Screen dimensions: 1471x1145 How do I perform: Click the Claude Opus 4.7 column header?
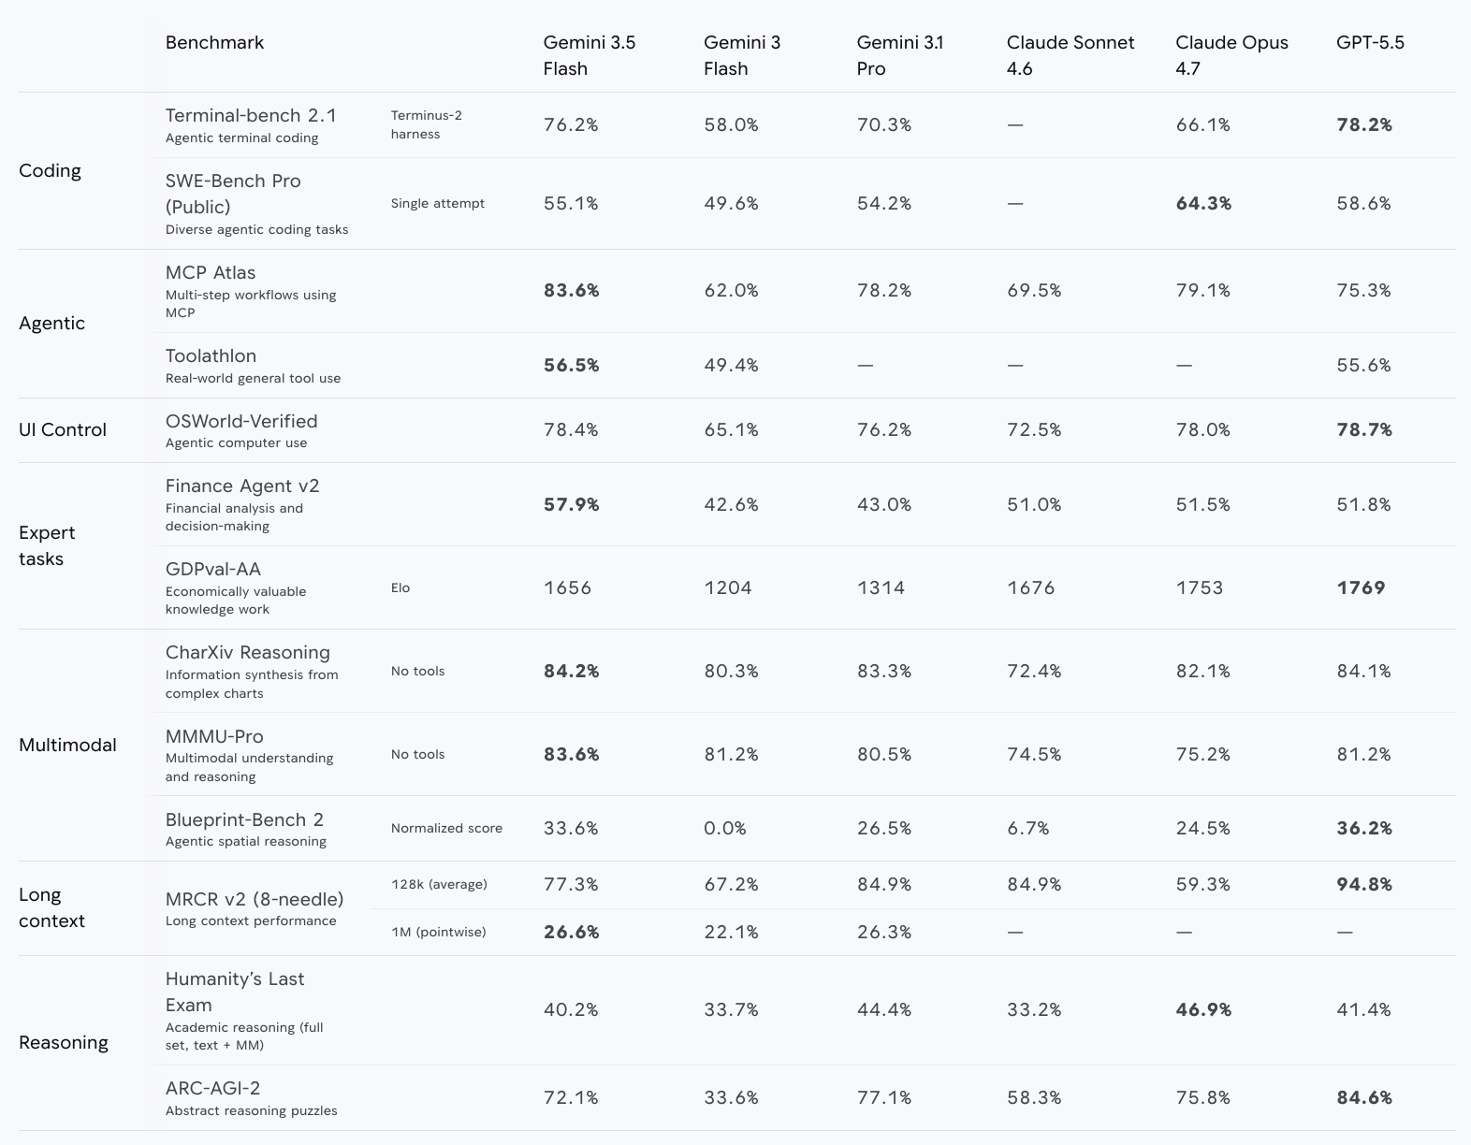tap(1231, 55)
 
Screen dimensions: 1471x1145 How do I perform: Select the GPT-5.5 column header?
tap(1370, 43)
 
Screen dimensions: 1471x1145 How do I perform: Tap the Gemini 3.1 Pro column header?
tap(899, 55)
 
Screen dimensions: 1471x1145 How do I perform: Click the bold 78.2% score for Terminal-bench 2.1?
tap(1364, 125)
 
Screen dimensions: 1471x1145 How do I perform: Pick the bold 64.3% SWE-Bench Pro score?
tap(1203, 204)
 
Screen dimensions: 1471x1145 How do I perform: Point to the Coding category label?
tap(50, 171)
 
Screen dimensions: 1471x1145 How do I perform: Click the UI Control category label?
tap(63, 429)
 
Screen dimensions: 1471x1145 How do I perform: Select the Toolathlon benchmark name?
tap(211, 356)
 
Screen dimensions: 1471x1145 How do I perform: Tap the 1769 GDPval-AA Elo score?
tap(1361, 587)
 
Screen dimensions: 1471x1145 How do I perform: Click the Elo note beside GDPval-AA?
tap(401, 587)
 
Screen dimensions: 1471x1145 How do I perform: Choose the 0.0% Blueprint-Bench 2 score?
tap(725, 828)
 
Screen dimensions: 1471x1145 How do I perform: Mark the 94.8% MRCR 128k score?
tap(1364, 884)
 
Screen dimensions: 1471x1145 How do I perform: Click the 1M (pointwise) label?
tap(438, 933)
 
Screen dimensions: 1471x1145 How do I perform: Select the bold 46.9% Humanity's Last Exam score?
tap(1203, 1009)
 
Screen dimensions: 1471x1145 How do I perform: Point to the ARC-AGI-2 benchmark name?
tap(212, 1088)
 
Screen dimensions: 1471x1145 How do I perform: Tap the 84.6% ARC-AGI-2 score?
tap(1364, 1097)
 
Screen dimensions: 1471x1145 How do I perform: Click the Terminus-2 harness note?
tap(427, 124)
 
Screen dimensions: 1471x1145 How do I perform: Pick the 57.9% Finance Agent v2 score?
tap(571, 505)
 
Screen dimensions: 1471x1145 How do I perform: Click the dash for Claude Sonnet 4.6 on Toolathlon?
tap(1014, 366)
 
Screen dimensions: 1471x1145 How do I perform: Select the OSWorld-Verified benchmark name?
tap(241, 422)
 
